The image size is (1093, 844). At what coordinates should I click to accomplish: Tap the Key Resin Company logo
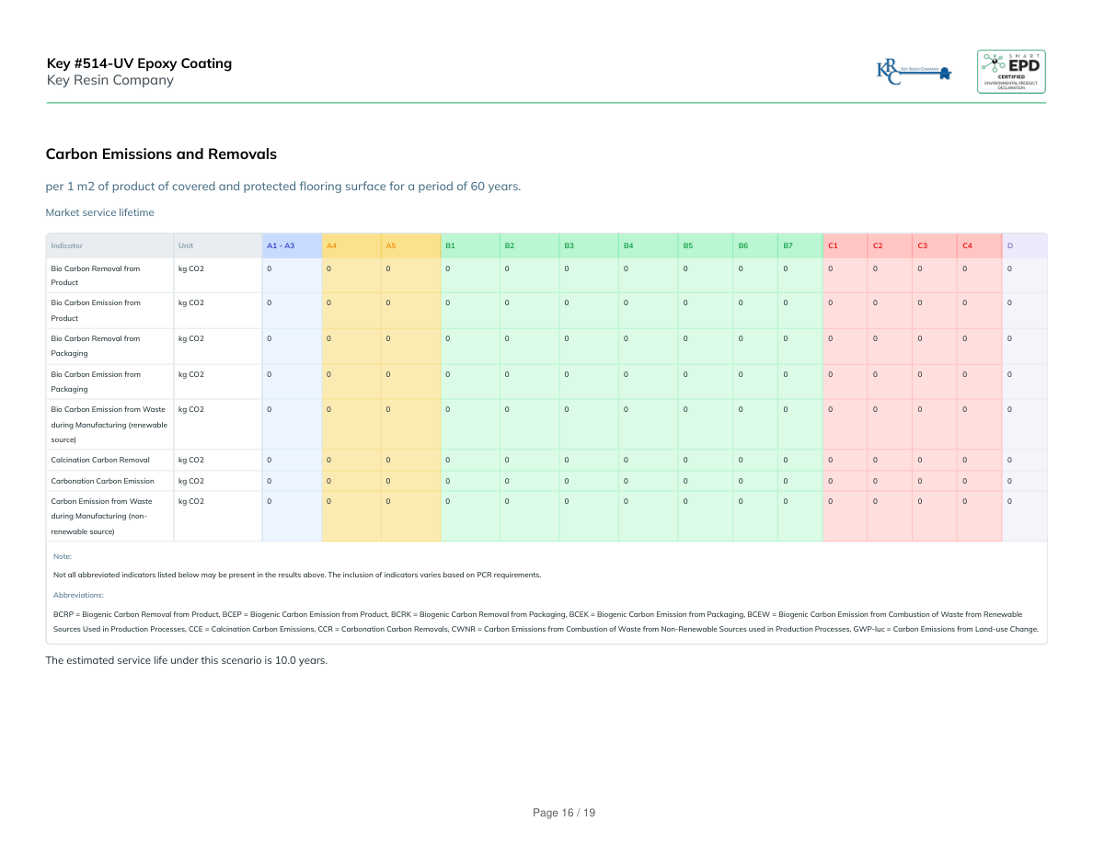point(914,72)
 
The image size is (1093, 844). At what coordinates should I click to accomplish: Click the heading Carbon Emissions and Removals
point(161,154)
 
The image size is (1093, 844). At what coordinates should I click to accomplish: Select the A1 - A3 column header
point(281,245)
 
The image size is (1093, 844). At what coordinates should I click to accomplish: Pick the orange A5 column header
point(391,245)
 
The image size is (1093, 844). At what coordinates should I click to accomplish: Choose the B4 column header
point(628,245)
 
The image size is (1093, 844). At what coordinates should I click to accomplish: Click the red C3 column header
point(922,245)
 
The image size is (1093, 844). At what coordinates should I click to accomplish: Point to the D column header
point(1010,245)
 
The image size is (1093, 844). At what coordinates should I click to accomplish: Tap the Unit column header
point(186,245)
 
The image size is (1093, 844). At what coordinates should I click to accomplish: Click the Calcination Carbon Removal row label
point(100,460)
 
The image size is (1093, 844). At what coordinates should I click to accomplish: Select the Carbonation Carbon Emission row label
point(103,481)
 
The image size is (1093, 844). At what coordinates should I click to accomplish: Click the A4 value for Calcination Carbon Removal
point(328,460)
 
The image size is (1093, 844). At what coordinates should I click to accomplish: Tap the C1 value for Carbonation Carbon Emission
point(831,481)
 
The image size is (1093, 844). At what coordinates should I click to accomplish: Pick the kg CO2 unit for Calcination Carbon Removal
point(190,460)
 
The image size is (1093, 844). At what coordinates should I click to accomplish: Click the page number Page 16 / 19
point(565,813)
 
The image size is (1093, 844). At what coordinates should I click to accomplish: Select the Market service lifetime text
point(100,212)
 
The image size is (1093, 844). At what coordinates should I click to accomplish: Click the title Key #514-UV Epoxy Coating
point(140,63)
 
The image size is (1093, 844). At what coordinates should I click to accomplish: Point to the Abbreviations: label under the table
point(78,595)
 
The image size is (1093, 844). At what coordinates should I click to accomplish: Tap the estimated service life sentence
point(187,660)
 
